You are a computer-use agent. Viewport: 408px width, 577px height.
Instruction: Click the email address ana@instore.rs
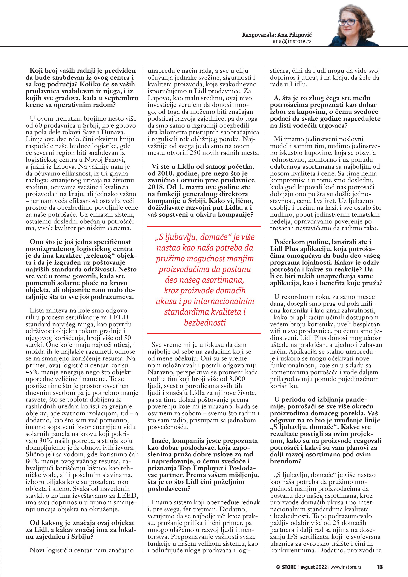292,41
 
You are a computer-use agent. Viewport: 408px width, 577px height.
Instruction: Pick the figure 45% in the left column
31,372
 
